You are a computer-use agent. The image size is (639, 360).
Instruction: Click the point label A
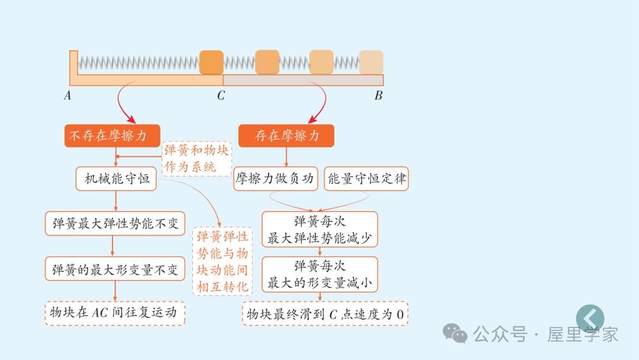[x=67, y=95]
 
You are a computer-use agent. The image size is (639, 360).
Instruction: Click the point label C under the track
[x=221, y=95]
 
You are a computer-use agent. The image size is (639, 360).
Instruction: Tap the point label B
[x=378, y=95]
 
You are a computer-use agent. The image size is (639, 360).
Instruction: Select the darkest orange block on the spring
[x=211, y=62]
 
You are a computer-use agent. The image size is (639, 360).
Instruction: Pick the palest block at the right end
[x=371, y=62]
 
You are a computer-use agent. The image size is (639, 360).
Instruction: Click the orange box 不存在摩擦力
[x=112, y=136]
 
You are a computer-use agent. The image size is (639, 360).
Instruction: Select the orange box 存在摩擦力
[x=286, y=136]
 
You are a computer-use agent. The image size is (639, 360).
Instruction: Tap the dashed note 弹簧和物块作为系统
[x=196, y=158]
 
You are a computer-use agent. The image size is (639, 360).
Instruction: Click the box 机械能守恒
[x=116, y=178]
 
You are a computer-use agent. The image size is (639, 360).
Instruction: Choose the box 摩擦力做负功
[x=276, y=178]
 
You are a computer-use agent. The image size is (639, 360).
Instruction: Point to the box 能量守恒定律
[x=366, y=178]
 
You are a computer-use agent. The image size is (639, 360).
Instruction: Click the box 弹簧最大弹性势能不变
[x=115, y=224]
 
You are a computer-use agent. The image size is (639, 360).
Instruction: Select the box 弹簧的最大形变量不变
[x=115, y=269]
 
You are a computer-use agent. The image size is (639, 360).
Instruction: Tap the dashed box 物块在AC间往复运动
[x=115, y=313]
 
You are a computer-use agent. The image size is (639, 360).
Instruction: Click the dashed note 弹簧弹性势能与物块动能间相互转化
[x=222, y=262]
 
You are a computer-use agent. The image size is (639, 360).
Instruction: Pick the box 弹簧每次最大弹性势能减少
[x=319, y=230]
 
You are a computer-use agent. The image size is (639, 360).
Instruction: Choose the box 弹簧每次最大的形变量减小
[x=319, y=274]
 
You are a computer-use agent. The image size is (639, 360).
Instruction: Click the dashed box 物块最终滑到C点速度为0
[x=325, y=314]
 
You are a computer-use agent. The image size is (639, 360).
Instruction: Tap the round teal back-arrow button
[x=590, y=318]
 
